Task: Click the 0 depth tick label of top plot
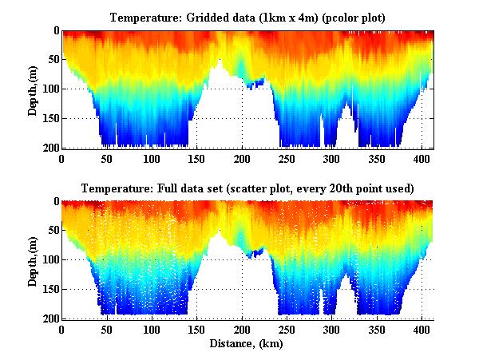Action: click(54, 31)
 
